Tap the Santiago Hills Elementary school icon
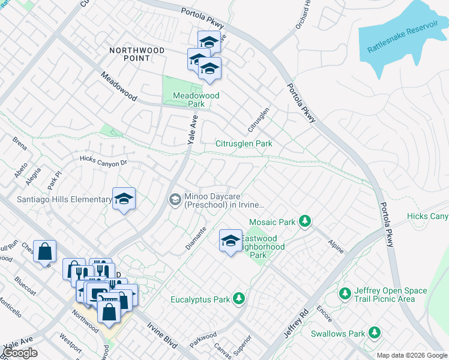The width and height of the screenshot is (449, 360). pyautogui.click(x=124, y=199)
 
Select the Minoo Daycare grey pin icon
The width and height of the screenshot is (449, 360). pyautogui.click(x=175, y=199)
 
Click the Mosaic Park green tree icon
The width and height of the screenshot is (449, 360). pyautogui.click(x=305, y=222)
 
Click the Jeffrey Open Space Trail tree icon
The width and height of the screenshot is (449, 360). pyautogui.click(x=345, y=294)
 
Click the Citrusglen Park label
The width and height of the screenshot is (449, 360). pyautogui.click(x=244, y=144)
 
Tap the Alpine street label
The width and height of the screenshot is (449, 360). pyautogui.click(x=336, y=247)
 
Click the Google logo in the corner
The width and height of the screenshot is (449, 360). pyautogui.click(x=20, y=353)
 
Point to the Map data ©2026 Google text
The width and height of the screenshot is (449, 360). pyautogui.click(x=412, y=355)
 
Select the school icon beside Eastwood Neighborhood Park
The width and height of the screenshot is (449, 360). pyautogui.click(x=231, y=241)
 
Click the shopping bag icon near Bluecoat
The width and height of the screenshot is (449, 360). pyautogui.click(x=45, y=251)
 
